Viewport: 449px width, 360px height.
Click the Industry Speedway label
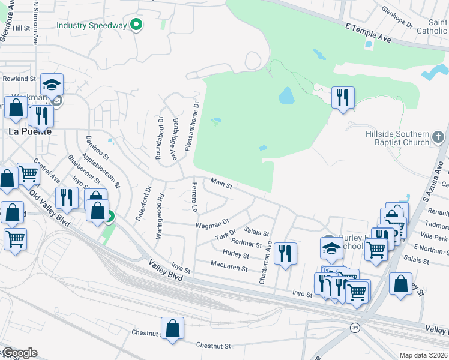coord(92,25)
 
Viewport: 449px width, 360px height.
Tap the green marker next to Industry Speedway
coord(136,25)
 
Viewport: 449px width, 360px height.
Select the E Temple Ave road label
coord(367,33)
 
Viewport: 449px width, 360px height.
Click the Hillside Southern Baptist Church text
coord(397,138)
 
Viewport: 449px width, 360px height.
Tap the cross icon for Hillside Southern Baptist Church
coord(439,137)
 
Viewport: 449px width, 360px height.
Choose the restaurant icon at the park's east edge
coord(343,97)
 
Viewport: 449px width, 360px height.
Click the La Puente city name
coord(29,131)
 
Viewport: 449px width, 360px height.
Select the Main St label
coord(221,183)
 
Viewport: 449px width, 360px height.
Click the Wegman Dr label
coord(212,224)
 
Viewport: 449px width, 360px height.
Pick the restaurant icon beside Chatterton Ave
coord(286,253)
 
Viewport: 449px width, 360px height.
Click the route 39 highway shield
coord(355,326)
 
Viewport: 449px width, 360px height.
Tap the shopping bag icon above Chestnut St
coord(172,328)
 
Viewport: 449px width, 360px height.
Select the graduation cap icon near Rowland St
coord(52,84)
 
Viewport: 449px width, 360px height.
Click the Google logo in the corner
coord(19,353)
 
